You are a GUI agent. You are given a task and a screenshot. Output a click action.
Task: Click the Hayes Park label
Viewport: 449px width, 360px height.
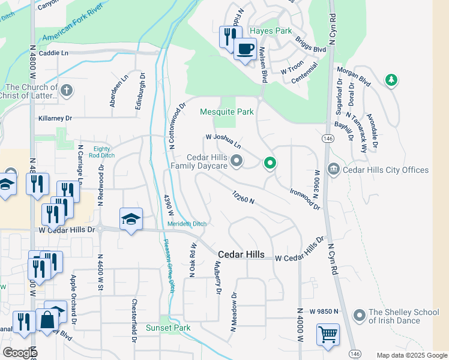(270, 31)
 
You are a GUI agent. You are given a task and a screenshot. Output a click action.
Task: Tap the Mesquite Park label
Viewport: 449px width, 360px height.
(226, 112)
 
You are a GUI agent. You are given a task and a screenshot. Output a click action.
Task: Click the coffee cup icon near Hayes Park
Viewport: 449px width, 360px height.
(245, 49)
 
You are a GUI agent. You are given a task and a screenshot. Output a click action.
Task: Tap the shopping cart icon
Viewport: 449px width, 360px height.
(328, 334)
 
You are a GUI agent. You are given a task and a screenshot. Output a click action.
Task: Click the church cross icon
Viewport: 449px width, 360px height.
(67, 91)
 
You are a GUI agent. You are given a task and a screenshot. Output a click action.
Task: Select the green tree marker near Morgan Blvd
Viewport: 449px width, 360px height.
(391, 80)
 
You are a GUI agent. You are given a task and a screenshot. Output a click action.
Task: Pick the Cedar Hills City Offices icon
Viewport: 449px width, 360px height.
(333, 170)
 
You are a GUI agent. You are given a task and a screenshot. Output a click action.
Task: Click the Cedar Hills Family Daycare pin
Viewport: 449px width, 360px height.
(237, 160)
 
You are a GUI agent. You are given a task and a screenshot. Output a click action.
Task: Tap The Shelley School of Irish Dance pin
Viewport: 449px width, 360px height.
(360, 315)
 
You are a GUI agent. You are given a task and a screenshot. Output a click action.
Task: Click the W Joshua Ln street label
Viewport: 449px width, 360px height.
(223, 141)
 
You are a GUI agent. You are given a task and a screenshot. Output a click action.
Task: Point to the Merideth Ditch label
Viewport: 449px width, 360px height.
(187, 224)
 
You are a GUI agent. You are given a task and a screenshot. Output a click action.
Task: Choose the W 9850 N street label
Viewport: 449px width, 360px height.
(325, 311)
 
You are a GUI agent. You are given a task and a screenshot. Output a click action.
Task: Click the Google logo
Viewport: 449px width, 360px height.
(20, 352)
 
